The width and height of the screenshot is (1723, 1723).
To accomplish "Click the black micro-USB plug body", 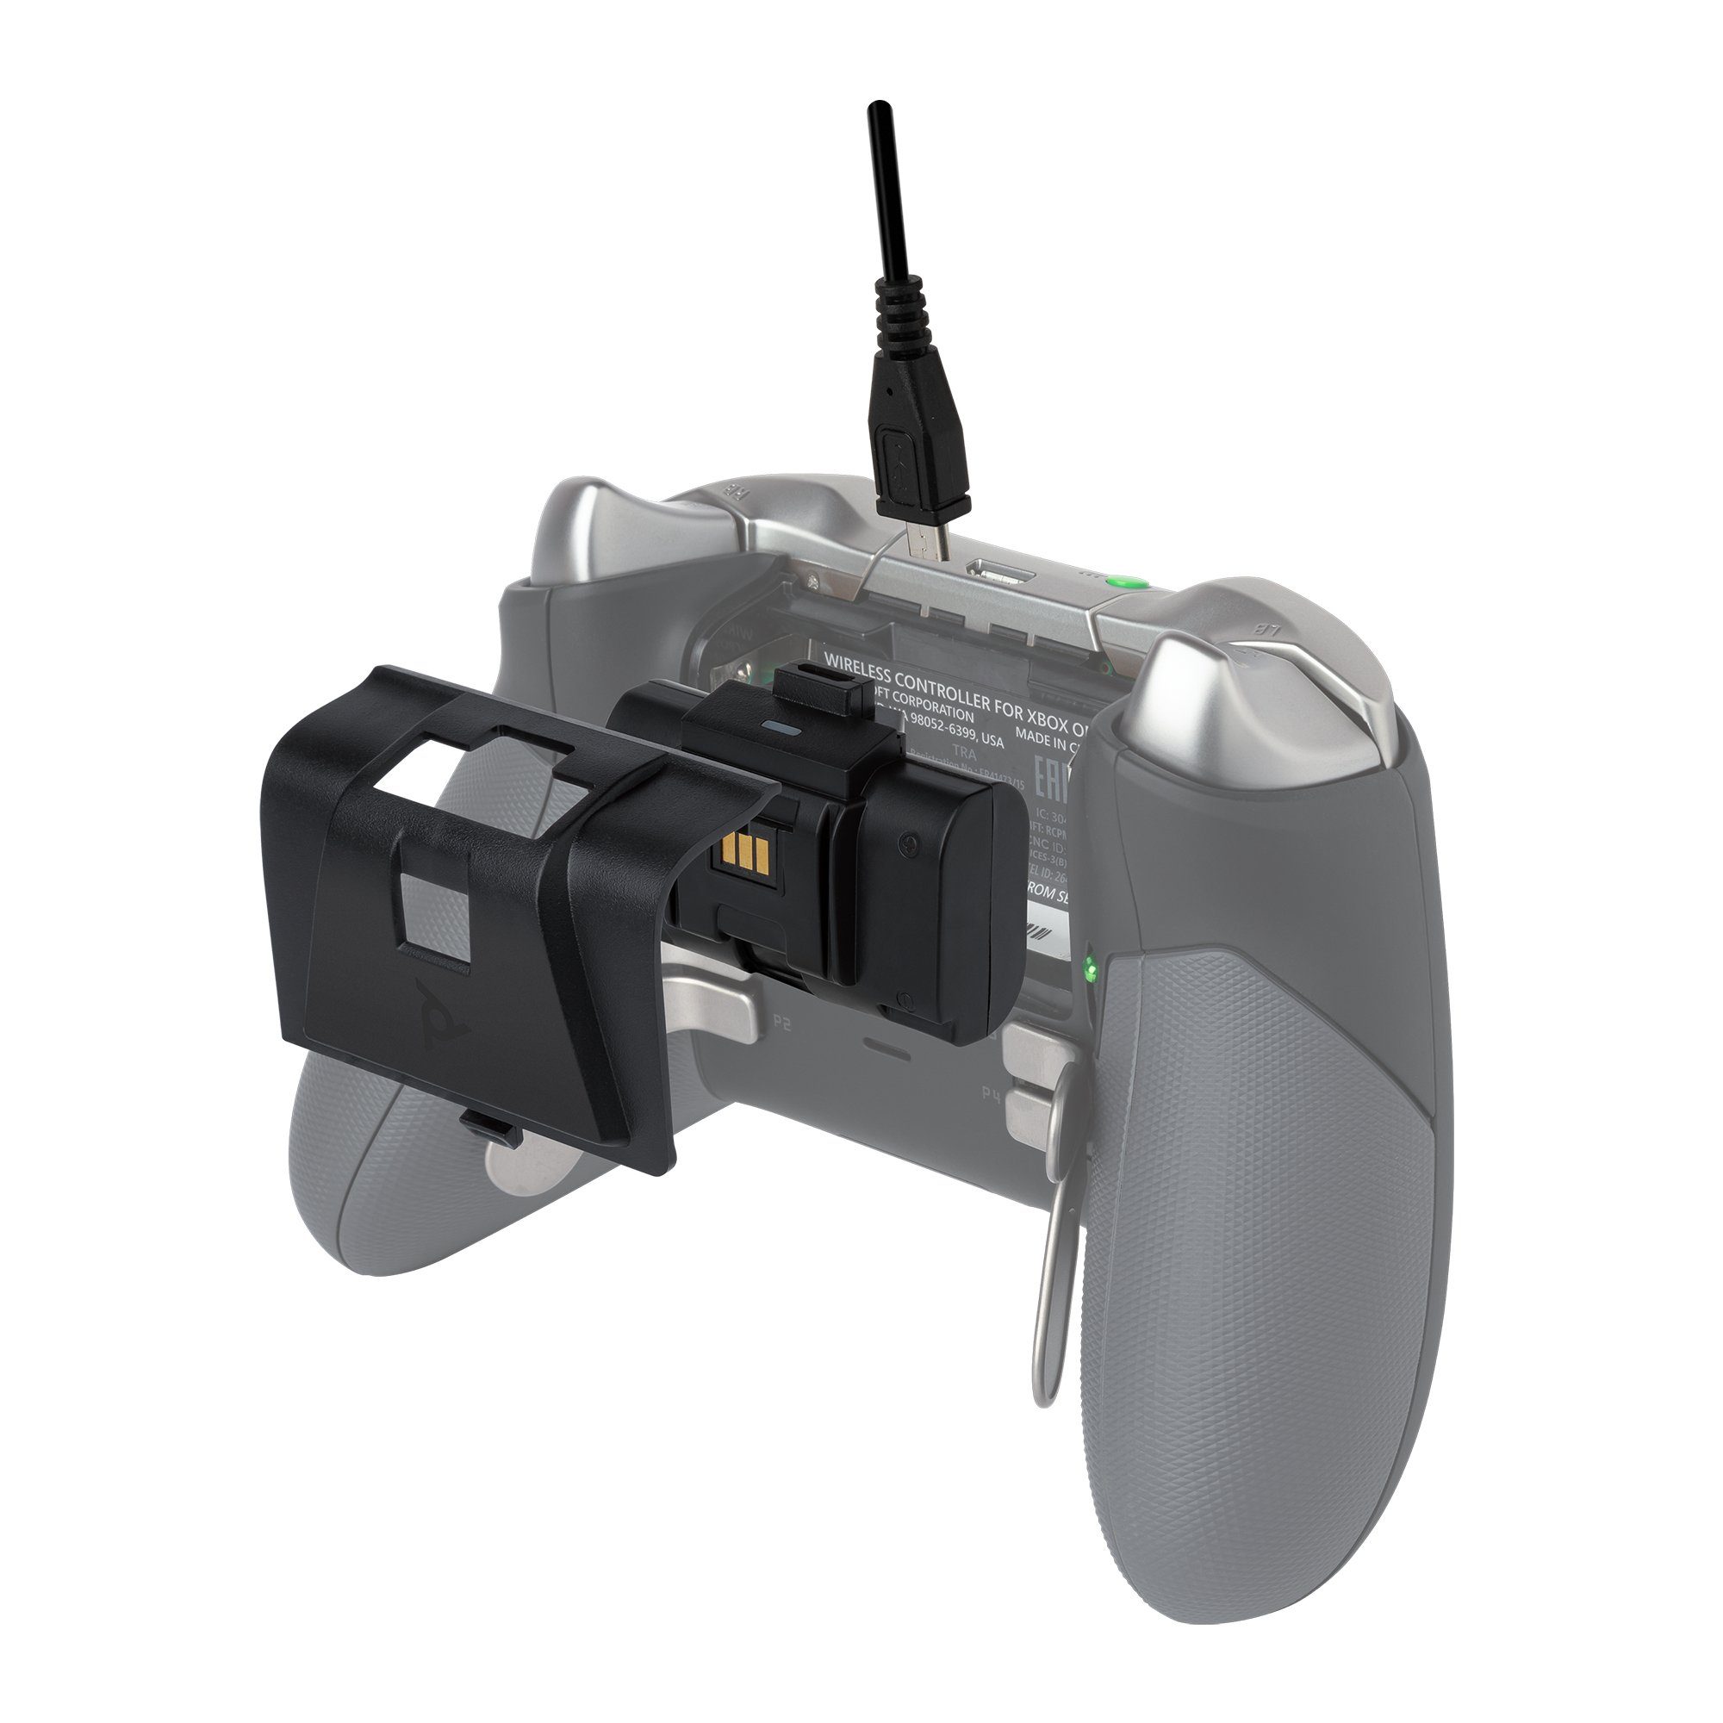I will (918, 463).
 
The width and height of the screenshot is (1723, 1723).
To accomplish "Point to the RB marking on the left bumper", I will (737, 490).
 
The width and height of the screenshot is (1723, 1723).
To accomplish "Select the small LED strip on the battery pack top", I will (781, 728).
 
